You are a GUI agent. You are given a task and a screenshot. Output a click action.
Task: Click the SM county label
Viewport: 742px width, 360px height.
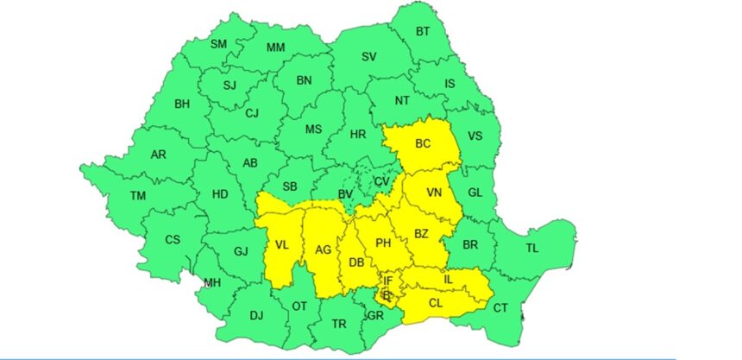point(219,44)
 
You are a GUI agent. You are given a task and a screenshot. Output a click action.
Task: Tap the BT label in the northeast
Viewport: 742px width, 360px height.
point(423,32)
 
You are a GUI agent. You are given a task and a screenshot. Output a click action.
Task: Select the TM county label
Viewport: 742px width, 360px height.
point(138,196)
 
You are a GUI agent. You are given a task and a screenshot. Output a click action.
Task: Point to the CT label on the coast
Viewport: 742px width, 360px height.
point(501,308)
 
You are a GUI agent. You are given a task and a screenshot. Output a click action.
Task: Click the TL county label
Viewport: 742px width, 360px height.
point(531,248)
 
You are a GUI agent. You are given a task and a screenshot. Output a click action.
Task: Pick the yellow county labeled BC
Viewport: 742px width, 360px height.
point(423,144)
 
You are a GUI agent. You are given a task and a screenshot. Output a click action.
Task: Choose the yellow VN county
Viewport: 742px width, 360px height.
point(434,193)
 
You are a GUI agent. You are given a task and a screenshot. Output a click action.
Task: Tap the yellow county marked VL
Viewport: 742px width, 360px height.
point(281,245)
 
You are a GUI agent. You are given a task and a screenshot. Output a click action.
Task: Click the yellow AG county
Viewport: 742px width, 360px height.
point(324,250)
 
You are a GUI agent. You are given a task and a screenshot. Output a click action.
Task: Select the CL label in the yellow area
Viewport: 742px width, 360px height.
point(436,302)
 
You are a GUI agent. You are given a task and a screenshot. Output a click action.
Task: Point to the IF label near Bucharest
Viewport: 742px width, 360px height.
point(388,281)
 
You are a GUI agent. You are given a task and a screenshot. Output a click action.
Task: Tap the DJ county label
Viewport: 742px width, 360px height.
point(256,315)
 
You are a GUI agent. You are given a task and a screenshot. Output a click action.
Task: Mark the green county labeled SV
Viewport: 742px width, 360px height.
point(369,57)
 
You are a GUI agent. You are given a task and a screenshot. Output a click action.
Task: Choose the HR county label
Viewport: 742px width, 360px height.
point(358,134)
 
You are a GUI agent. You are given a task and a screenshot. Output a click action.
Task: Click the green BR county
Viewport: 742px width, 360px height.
point(470,244)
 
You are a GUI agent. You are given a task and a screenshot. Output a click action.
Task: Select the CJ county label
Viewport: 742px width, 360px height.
point(252,113)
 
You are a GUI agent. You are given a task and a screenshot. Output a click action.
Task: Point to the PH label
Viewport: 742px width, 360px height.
point(383,243)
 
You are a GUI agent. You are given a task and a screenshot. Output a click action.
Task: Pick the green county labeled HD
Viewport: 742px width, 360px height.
point(220,194)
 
